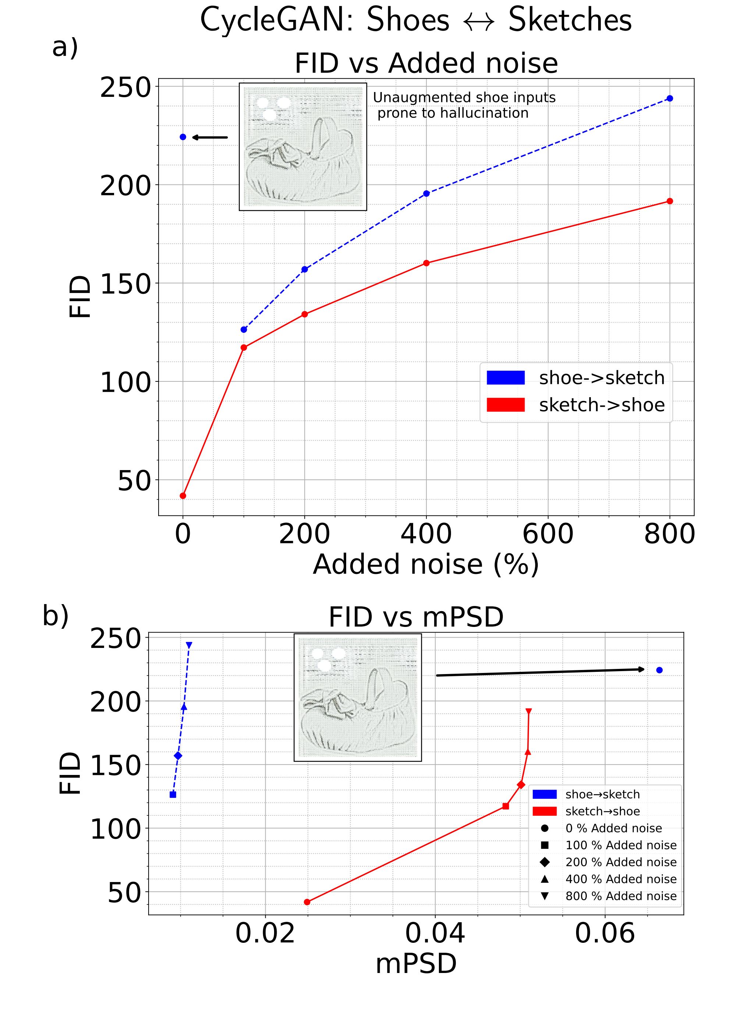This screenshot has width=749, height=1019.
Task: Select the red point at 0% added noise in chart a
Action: [x=183, y=496]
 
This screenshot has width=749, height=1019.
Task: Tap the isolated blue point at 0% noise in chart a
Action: [x=183, y=137]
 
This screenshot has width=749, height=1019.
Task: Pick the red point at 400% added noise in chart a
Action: [x=426, y=263]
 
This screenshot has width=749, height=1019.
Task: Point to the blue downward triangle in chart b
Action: [x=189, y=645]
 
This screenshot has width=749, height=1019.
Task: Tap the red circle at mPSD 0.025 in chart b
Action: [x=307, y=902]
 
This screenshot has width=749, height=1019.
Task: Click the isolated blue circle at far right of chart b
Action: [x=659, y=670]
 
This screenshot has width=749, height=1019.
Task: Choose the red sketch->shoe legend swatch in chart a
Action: [x=505, y=405]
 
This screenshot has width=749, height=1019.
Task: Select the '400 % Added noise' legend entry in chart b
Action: [x=621, y=879]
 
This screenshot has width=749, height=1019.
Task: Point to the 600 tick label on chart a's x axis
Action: [x=548, y=534]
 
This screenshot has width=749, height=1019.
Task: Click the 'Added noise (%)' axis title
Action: [x=426, y=564]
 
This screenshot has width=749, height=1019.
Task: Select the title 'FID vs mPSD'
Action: [x=416, y=617]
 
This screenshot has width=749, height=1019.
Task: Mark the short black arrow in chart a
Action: [x=210, y=137]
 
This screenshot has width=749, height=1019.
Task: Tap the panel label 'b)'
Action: [x=55, y=616]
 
